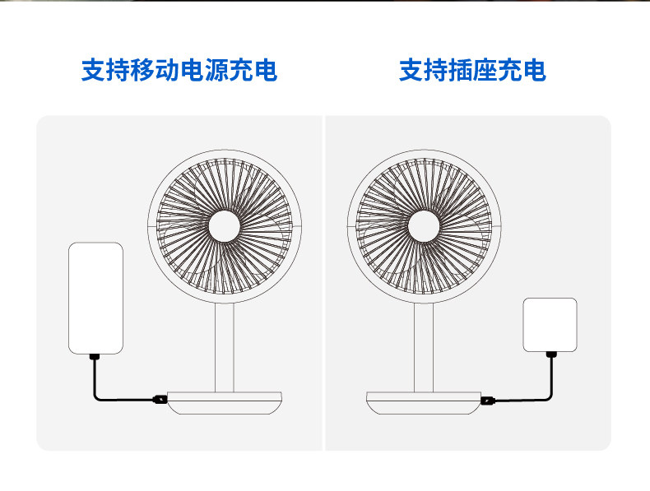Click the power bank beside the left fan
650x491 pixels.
pyautogui.click(x=95, y=297)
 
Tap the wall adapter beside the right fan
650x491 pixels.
pyautogui.click(x=550, y=324)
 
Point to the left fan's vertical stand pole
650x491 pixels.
pyautogui.click(x=225, y=345)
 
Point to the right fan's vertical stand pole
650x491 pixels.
pyautogui.click(x=425, y=345)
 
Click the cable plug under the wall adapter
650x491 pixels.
pyautogui.click(x=550, y=354)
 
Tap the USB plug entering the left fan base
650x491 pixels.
pyautogui.click(x=159, y=401)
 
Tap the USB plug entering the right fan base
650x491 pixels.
pyautogui.click(x=489, y=401)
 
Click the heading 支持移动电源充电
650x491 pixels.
pyautogui.click(x=179, y=70)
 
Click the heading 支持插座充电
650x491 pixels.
pyautogui.click(x=472, y=70)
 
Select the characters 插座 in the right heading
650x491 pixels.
pyautogui.click(x=472, y=70)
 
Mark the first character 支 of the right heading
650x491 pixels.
pyautogui.click(x=411, y=70)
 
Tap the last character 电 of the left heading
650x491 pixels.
pyautogui.click(x=265, y=70)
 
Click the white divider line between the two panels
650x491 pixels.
pyautogui.click(x=325, y=283)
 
